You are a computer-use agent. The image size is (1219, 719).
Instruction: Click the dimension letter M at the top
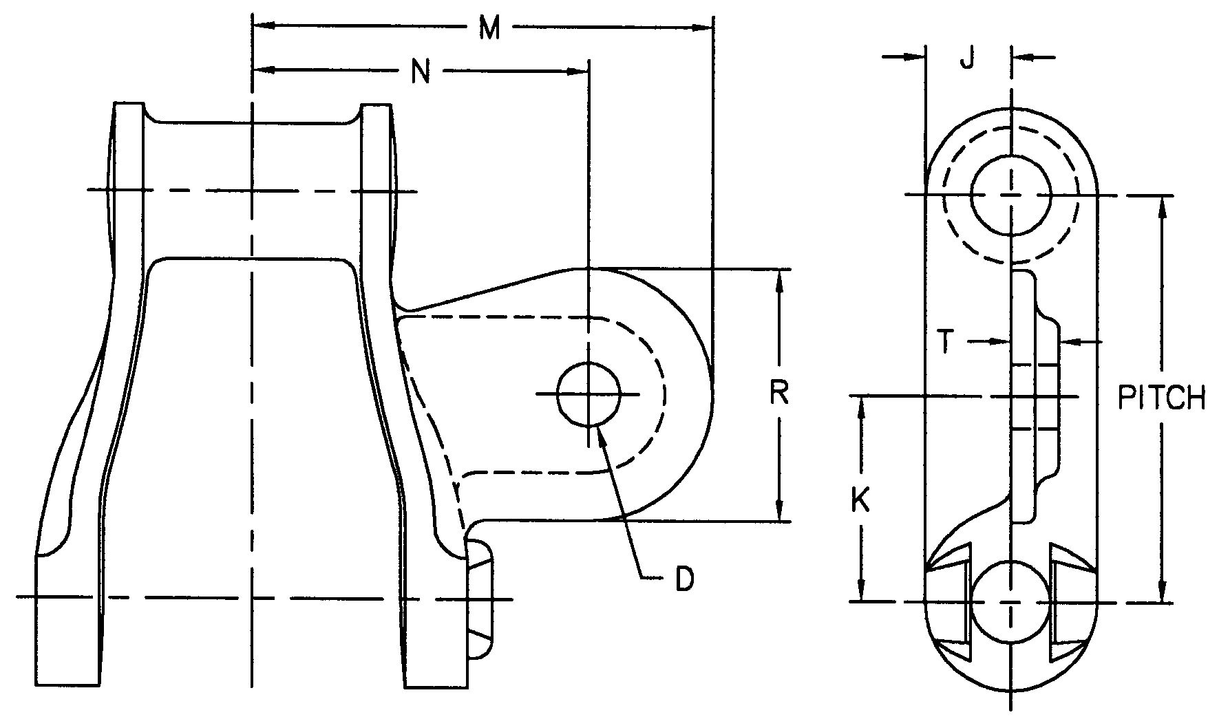pyautogui.click(x=489, y=29)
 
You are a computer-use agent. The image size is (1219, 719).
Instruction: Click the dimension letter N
pyautogui.click(x=421, y=72)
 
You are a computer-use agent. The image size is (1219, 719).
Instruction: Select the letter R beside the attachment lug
pyautogui.click(x=778, y=394)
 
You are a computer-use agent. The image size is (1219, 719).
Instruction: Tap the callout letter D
pyautogui.click(x=683, y=579)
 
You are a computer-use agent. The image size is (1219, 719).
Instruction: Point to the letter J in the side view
pyautogui.click(x=967, y=59)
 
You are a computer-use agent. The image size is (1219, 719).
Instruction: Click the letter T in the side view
pyautogui.click(x=947, y=342)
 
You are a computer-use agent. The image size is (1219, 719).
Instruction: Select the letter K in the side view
pyautogui.click(x=860, y=500)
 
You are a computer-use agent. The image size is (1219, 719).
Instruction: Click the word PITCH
pyautogui.click(x=1161, y=398)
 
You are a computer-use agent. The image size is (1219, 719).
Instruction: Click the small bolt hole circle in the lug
pyautogui.click(x=589, y=394)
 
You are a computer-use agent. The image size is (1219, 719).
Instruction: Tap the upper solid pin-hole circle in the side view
pyautogui.click(x=1010, y=195)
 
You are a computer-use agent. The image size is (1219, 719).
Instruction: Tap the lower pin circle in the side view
pyautogui.click(x=1010, y=601)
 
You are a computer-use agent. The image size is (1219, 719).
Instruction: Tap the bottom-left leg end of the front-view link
pyautogui.click(x=67, y=661)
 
